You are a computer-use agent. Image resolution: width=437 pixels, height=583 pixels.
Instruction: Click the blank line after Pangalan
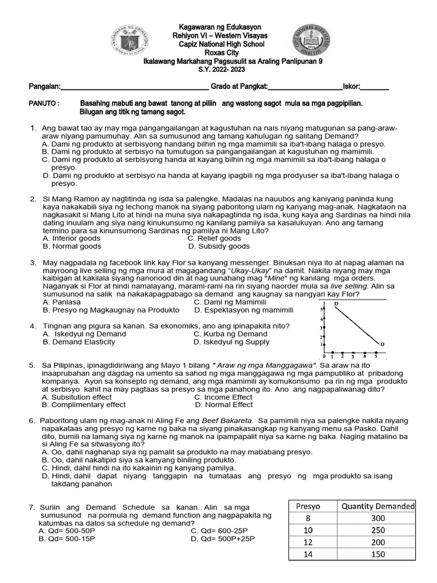click(134, 87)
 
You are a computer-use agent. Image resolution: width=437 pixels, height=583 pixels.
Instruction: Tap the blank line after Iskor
click(375, 87)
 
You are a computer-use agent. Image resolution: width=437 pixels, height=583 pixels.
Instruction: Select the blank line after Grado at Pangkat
click(304, 87)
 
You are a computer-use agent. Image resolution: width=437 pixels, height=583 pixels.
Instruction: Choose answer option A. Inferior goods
click(71, 239)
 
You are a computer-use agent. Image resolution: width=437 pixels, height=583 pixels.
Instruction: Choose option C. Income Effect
click(223, 397)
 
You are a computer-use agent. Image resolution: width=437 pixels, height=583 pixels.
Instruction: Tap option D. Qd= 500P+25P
click(223, 539)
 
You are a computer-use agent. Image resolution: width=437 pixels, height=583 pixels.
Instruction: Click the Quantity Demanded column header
click(377, 506)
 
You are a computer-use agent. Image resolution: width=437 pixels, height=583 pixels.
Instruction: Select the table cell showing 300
click(377, 518)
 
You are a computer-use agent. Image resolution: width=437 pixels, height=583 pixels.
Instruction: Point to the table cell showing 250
click(377, 530)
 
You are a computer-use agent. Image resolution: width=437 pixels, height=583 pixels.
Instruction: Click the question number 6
click(32, 421)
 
